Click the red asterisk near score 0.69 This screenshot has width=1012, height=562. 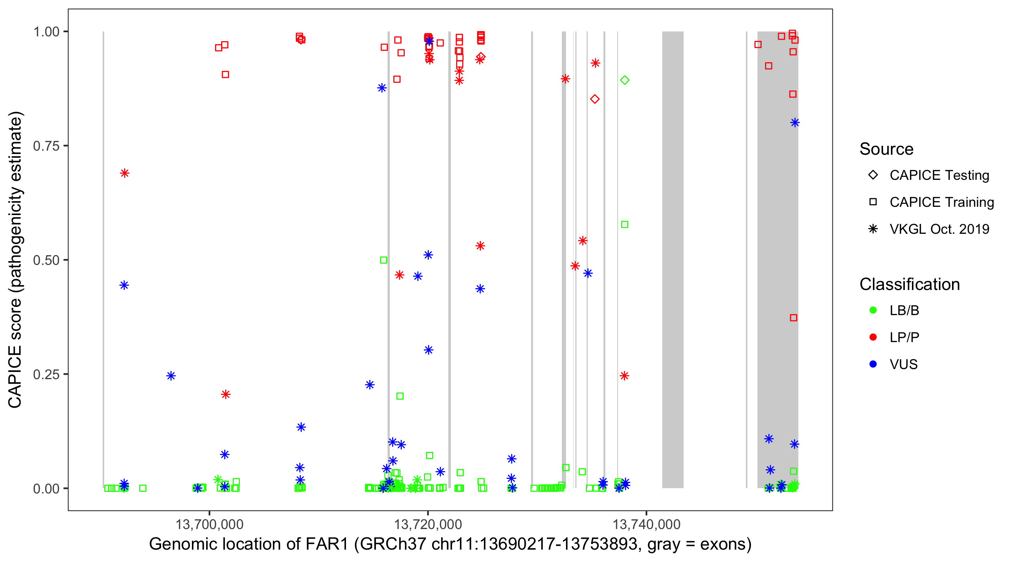124,173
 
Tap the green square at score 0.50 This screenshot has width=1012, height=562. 383,260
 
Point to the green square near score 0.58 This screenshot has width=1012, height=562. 625,224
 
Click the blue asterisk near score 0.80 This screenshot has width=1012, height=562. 795,123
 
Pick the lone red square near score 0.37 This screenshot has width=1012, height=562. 793,318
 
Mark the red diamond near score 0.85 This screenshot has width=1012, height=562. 595,99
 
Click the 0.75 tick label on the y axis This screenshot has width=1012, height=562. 46,146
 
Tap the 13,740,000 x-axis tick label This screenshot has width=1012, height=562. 646,524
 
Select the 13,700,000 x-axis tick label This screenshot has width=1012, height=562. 209,524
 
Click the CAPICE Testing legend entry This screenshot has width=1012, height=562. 939,175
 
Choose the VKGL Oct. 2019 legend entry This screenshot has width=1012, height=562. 939,229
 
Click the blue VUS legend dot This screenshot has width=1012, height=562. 873,364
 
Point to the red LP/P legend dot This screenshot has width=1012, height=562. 873,337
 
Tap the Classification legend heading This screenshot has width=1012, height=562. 909,284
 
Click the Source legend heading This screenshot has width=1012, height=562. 886,149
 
